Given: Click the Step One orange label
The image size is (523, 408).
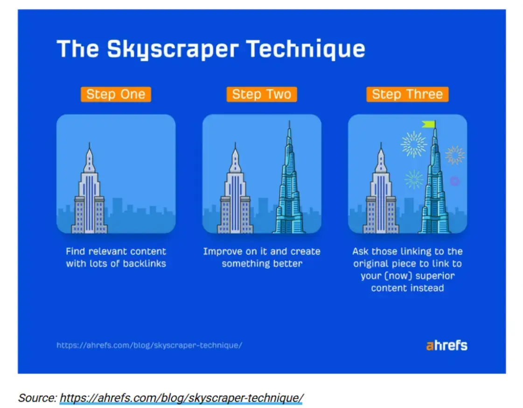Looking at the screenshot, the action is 116,94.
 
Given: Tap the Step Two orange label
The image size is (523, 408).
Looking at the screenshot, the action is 261,94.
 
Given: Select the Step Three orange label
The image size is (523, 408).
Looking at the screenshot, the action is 407,94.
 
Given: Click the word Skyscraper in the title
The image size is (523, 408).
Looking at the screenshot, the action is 173,49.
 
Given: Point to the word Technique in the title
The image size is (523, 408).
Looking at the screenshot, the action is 306,48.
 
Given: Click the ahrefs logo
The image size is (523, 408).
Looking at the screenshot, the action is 446,346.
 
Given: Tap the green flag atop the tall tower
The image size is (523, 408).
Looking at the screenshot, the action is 429,124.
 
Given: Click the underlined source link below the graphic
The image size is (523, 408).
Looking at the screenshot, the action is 181,398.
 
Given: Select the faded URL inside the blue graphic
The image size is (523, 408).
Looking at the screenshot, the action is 149,346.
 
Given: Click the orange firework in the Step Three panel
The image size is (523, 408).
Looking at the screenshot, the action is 454,155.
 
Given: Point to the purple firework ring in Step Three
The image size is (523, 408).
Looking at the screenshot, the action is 454,181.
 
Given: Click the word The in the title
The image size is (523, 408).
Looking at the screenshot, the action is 78,48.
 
